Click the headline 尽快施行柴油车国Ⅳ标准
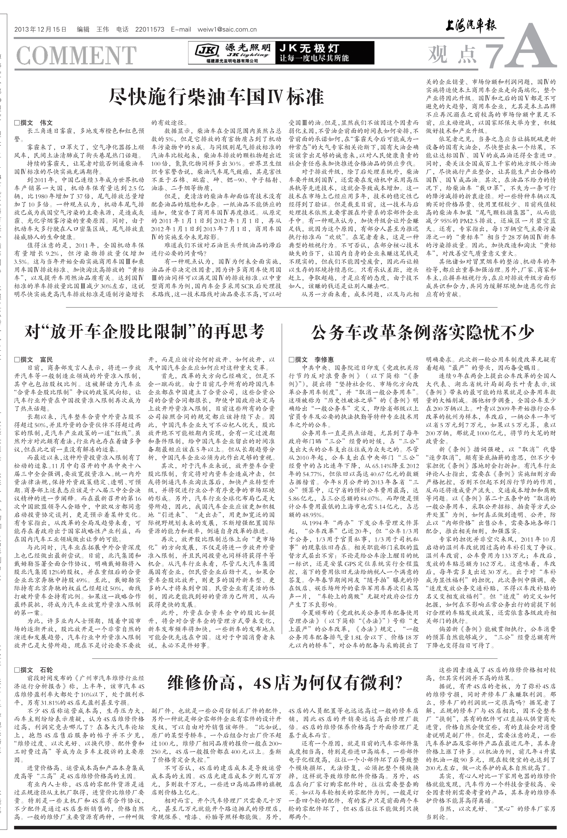217,96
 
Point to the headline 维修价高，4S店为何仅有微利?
285,682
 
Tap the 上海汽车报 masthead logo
470,26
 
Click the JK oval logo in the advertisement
207,51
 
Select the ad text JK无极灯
309,48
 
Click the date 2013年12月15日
41,30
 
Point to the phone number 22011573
150,30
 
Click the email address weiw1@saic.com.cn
227,30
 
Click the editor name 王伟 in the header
102,30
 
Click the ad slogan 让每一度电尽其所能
314,58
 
